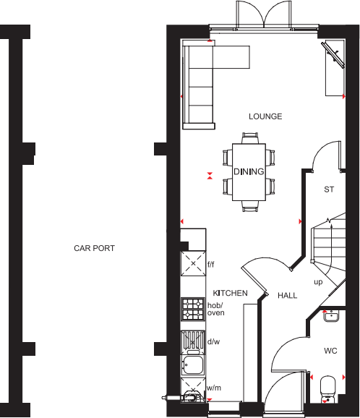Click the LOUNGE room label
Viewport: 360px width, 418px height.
click(x=265, y=116)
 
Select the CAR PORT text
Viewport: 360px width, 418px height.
click(x=94, y=248)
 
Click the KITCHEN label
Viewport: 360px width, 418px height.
click(x=230, y=293)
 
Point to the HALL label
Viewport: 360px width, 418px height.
click(x=287, y=296)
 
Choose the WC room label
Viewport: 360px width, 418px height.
click(x=330, y=351)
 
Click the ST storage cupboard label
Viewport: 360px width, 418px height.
click(x=329, y=189)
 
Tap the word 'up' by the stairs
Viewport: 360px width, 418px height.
click(x=317, y=282)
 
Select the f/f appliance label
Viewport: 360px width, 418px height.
click(x=212, y=265)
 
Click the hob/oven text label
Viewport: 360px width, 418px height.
click(x=216, y=309)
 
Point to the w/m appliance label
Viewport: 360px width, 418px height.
click(x=213, y=388)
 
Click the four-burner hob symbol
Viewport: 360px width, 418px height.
click(x=192, y=310)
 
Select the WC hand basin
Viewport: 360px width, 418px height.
click(x=332, y=315)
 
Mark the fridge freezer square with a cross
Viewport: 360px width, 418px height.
click(x=192, y=264)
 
